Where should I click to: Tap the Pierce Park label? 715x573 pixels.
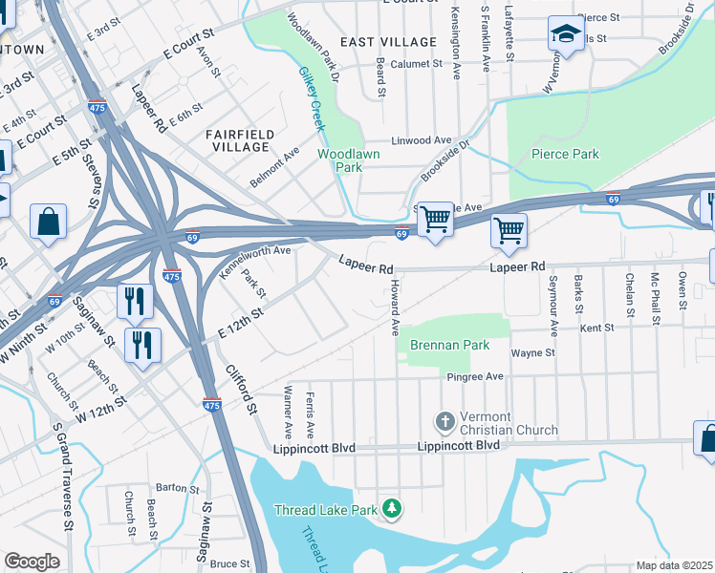coord(565,154)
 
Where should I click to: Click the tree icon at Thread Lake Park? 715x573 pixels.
coord(391,509)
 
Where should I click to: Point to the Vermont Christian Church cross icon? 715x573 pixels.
coord(444,421)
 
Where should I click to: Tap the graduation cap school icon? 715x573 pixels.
coord(565,34)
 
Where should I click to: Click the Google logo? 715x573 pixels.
coord(32,562)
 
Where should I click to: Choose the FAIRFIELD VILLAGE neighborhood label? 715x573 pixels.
coord(241,140)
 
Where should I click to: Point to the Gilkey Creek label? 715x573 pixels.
coord(312,99)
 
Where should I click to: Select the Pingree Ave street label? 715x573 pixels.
coord(475,377)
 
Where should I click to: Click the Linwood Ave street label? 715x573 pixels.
coord(415,140)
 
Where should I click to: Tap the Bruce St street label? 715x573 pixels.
coord(229,563)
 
